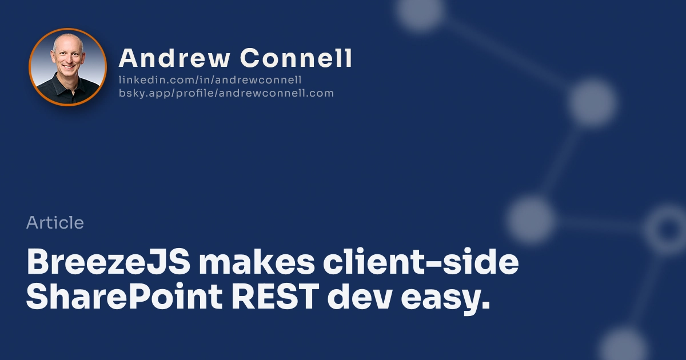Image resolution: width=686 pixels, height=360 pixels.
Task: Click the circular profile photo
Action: coord(67,67)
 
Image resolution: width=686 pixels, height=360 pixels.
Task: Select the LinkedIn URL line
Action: coord(210,80)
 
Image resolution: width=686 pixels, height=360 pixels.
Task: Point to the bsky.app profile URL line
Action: coord(226,93)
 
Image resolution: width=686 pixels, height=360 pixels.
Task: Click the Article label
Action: coord(55,223)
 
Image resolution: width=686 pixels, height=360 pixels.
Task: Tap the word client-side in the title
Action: coord(421,263)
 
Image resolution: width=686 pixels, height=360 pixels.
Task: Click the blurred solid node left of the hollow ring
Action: coord(531,219)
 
